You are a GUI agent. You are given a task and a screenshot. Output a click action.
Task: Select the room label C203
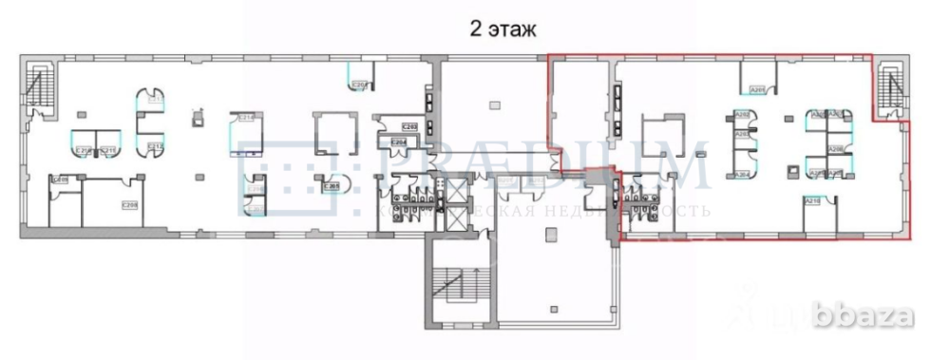click(x=410, y=125)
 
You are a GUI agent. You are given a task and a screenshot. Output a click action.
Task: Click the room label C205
click(x=331, y=186)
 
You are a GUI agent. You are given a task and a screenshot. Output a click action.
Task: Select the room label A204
click(x=743, y=173)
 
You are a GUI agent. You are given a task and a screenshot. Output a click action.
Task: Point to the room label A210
click(x=812, y=201)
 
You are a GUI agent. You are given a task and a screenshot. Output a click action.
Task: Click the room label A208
click(x=835, y=149)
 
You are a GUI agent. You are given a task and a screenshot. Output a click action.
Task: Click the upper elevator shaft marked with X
click(x=454, y=190)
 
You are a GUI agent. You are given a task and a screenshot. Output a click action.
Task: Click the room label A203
click(x=743, y=135)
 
